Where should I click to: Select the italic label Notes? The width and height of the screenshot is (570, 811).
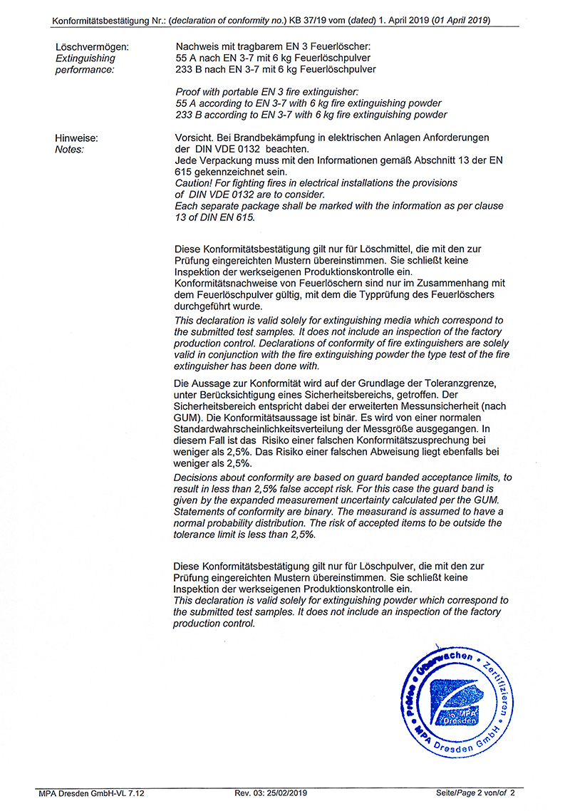pos(69,149)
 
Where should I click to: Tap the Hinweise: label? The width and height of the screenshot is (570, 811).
pos(76,138)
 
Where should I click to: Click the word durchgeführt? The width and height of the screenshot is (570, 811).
pos(203,306)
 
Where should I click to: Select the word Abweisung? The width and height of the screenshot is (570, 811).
pos(408,453)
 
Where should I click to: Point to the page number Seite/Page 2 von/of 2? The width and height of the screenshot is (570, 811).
pos(475,792)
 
